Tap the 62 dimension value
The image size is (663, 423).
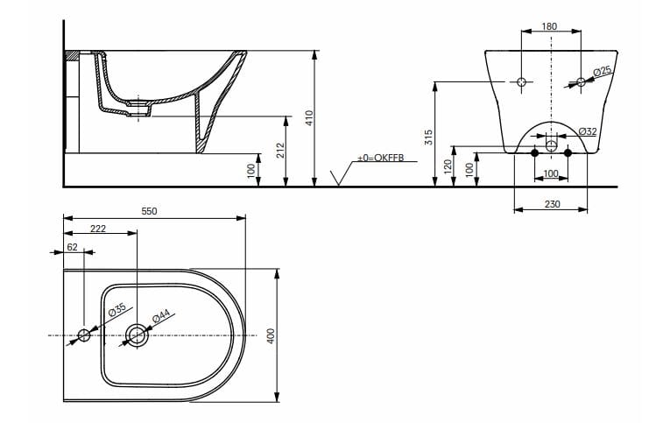coord(72,247)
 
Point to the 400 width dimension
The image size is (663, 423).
coord(272,335)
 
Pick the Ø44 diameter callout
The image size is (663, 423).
coord(161,314)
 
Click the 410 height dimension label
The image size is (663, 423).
coord(308,117)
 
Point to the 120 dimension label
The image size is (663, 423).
coord(447,166)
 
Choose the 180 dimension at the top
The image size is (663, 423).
coord(549,26)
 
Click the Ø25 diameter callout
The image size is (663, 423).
coord(601,70)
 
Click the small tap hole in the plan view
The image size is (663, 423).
coord(84,335)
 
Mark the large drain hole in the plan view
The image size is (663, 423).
coord(137,335)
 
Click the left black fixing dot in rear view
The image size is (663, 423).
coord(535,153)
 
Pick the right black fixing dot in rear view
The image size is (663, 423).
coord(568,153)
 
